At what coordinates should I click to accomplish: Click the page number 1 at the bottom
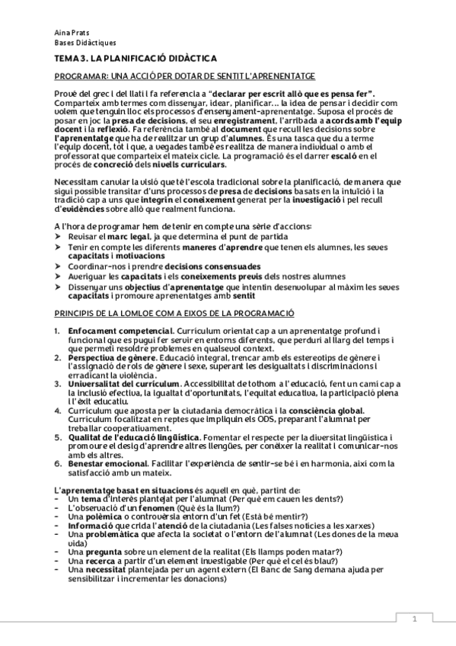414,619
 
